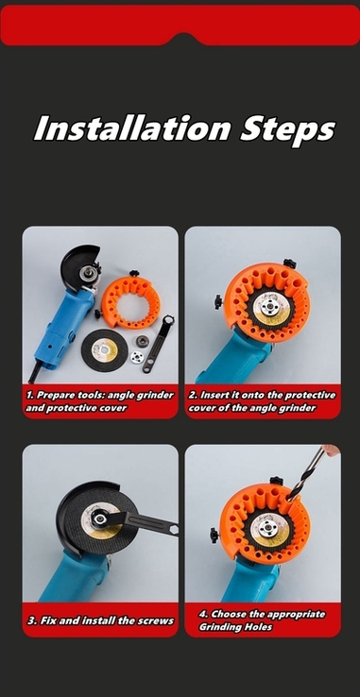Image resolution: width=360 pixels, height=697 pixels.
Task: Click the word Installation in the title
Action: tap(132, 128)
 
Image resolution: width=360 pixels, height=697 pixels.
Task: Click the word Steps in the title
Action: tap(287, 130)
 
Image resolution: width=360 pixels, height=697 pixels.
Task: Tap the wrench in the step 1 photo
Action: tap(159, 344)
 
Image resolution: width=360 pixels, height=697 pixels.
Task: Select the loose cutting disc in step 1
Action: tap(105, 349)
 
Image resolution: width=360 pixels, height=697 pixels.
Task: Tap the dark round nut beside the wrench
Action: tap(143, 341)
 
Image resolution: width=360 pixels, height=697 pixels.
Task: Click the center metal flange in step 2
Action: tap(268, 307)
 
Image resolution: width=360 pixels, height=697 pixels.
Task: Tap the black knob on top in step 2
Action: tap(290, 263)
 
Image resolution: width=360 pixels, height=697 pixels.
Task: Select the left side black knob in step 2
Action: tap(218, 302)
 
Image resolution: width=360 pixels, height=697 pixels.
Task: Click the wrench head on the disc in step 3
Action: tap(99, 518)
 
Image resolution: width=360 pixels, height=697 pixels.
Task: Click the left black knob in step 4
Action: tap(214, 535)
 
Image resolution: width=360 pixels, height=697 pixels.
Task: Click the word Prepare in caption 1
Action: tap(56, 395)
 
